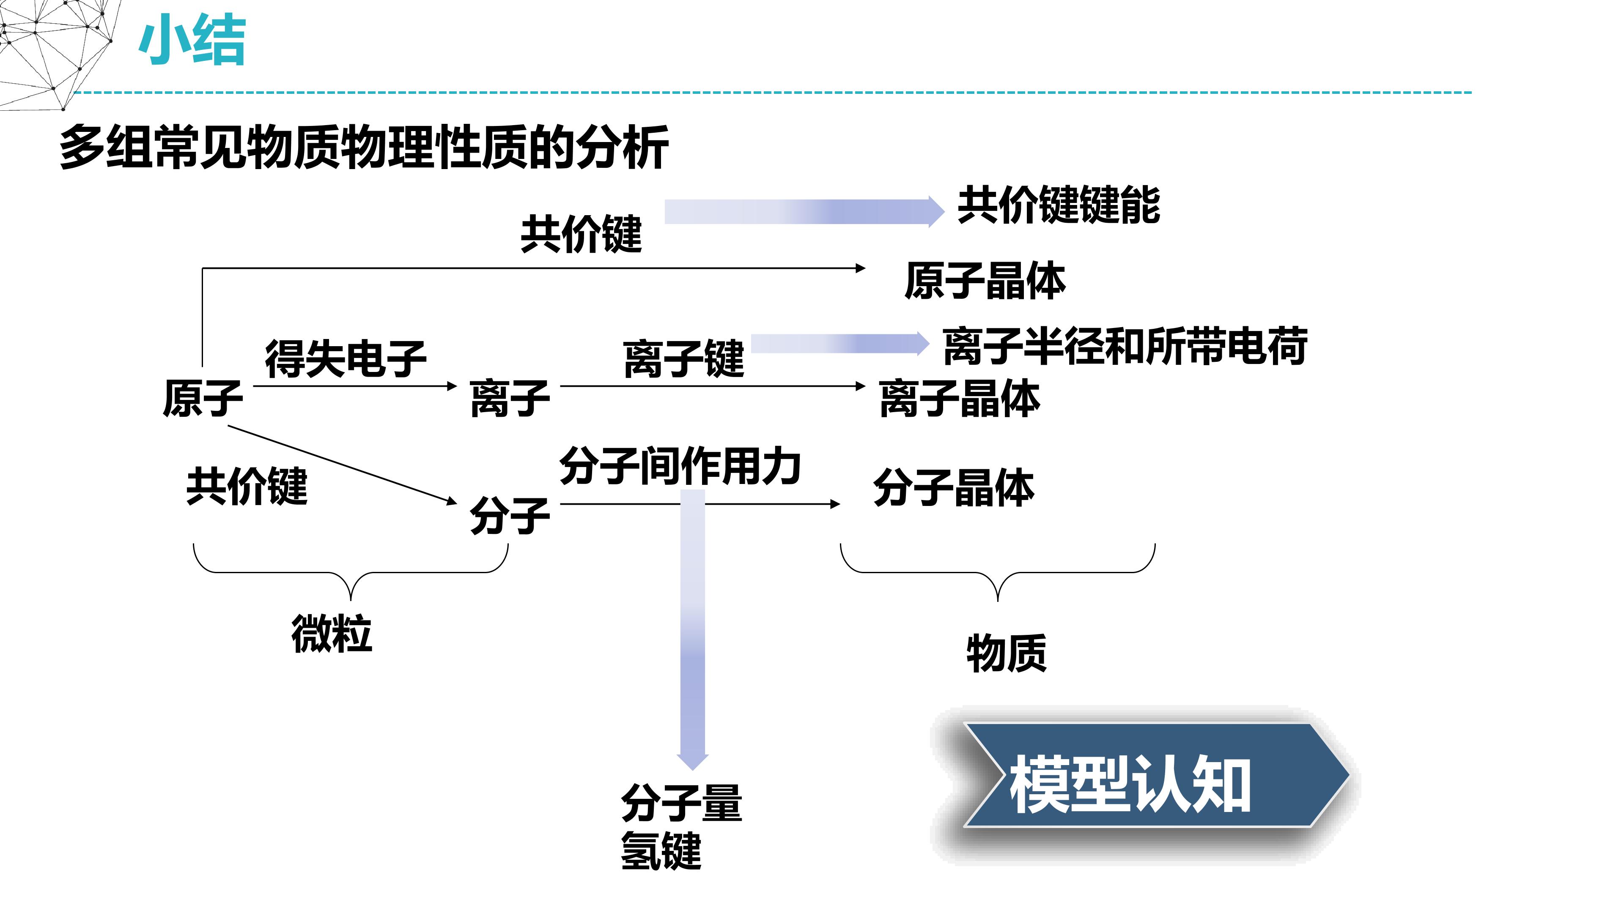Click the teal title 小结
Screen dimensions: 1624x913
pyautogui.click(x=192, y=41)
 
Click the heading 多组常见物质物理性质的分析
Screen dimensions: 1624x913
pyautogui.click(x=364, y=148)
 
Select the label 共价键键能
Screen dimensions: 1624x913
pyautogui.click(x=1059, y=205)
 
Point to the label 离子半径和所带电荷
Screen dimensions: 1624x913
pyautogui.click(x=1125, y=346)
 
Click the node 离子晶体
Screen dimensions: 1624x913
pyautogui.click(x=960, y=398)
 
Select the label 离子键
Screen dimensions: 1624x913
pyautogui.click(x=684, y=359)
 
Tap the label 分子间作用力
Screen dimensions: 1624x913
pyautogui.click(x=680, y=466)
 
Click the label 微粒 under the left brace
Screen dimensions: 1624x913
pyautogui.click(x=332, y=633)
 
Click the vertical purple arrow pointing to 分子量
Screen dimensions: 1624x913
pyautogui.click(x=693, y=630)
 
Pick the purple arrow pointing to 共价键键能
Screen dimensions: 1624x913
pyautogui.click(x=804, y=212)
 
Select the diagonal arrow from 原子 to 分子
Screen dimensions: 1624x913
pyautogui.click(x=342, y=465)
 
